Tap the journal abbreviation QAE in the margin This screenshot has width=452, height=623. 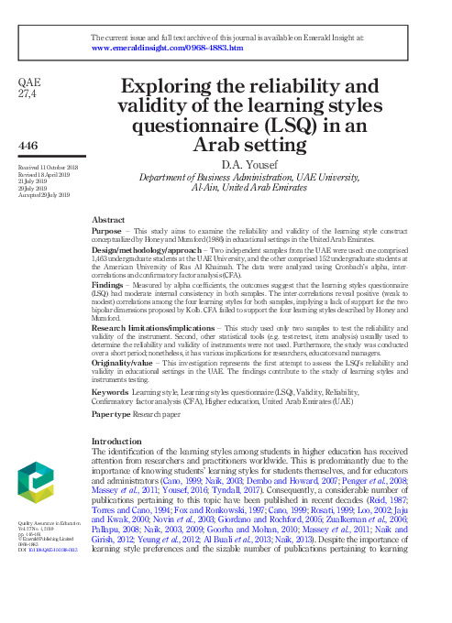coord(29,82)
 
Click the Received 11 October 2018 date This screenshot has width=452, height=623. coord(49,169)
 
